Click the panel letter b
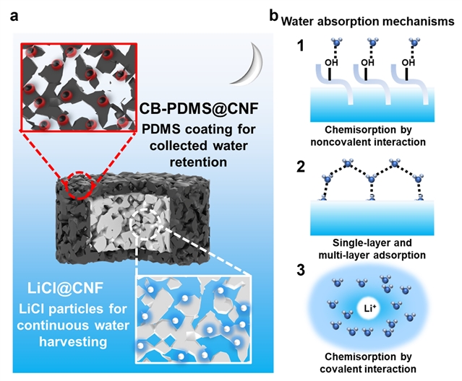tap(273, 14)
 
